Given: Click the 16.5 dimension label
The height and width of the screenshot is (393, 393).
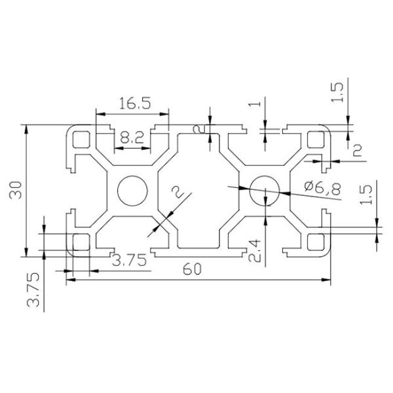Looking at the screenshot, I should click(x=132, y=103).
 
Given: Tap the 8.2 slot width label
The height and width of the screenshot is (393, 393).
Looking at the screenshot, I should click(x=132, y=138).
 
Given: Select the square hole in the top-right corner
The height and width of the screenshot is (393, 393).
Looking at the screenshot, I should click(x=317, y=140).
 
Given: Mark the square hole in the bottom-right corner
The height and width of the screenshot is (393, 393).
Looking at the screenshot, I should click(x=317, y=242).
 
